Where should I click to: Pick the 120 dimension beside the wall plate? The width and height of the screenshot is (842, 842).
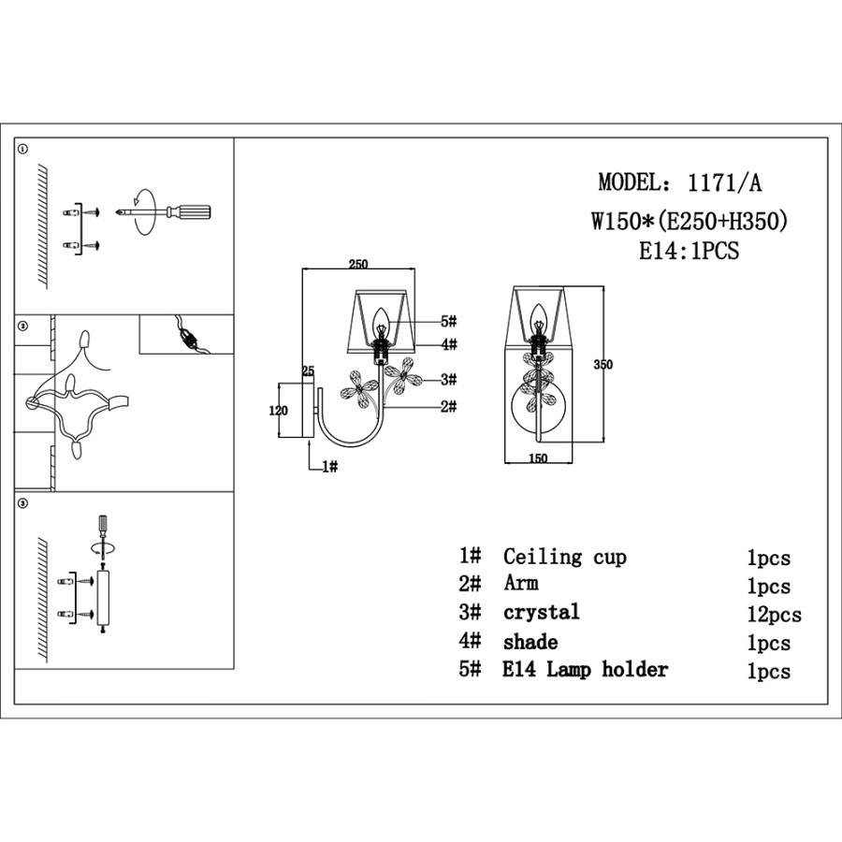click(x=278, y=409)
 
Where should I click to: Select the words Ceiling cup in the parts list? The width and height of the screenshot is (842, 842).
click(x=564, y=558)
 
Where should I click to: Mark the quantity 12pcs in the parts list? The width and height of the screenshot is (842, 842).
click(x=774, y=615)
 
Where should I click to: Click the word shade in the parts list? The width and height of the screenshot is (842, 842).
click(x=530, y=642)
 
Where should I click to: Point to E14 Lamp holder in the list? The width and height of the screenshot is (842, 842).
click(x=586, y=670)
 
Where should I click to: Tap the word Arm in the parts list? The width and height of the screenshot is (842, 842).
click(x=521, y=585)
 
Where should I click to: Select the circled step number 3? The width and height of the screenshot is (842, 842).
click(x=23, y=504)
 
